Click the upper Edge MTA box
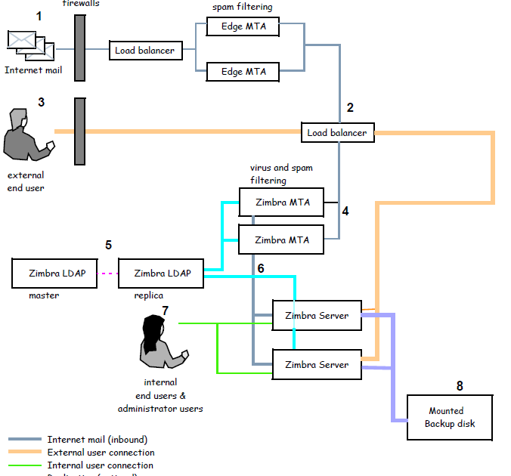243,27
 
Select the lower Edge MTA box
243,72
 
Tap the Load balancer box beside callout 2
337,133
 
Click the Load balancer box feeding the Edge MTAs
145,51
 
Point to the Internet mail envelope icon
30,45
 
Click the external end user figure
26,136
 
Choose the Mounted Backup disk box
450,417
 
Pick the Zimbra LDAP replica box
161,274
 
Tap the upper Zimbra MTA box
281,202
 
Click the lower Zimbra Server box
317,365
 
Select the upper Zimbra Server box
317,315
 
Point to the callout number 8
460,386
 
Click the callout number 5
108,245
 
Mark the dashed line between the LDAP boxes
108,274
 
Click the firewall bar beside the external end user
79,131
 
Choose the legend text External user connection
101,453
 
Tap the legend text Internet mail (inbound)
97,440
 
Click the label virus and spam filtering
281,174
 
